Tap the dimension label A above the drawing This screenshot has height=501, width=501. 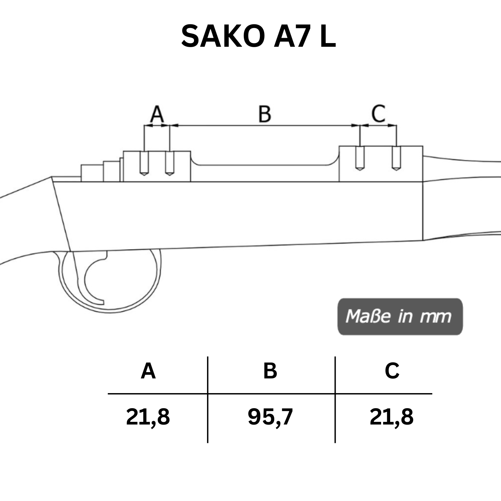click(x=157, y=114)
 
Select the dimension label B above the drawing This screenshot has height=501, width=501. click(x=265, y=114)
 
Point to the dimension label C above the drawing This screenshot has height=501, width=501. click(x=378, y=114)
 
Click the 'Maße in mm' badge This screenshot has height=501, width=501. click(x=400, y=316)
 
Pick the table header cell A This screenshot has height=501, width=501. click(x=148, y=371)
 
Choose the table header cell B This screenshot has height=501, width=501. click(x=270, y=371)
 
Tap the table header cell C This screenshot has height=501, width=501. click(x=392, y=371)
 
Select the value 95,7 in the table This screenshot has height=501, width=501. click(x=270, y=417)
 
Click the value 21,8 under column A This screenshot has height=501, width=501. click(x=148, y=417)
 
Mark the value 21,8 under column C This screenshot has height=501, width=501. click(x=391, y=417)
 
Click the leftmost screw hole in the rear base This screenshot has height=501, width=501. click(x=144, y=163)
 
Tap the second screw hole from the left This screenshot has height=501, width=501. click(x=170, y=163)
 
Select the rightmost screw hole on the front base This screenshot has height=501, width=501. click(x=396, y=158)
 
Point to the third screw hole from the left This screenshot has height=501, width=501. click(x=360, y=158)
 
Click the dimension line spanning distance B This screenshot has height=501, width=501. click(x=265, y=126)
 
